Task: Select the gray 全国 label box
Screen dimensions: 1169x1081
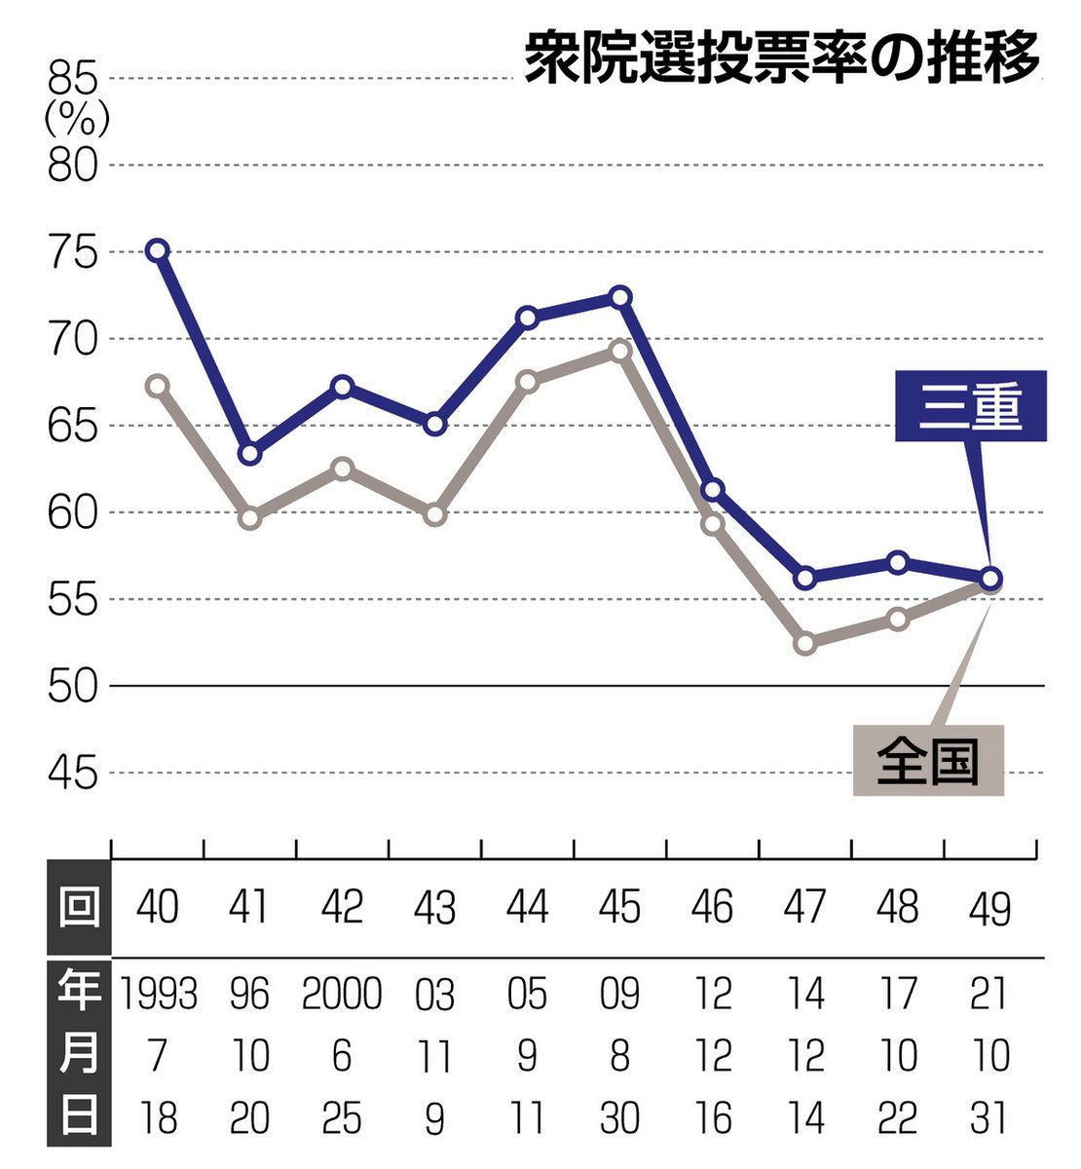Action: coord(927,761)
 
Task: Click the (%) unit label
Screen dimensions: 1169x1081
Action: coord(76,120)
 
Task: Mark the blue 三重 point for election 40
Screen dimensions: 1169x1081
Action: coord(158,250)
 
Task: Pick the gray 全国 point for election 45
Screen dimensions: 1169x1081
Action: coord(620,351)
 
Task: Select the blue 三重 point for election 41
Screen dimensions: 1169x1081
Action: coord(250,454)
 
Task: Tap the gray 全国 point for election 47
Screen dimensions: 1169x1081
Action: coord(805,643)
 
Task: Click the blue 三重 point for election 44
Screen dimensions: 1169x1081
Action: coord(528,318)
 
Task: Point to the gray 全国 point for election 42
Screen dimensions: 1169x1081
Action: coord(343,469)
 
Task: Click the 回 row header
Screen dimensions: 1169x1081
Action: coord(79,908)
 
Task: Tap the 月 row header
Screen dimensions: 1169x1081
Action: coord(79,1055)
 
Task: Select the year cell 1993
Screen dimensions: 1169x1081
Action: coord(158,995)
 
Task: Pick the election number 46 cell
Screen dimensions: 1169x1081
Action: coord(713,908)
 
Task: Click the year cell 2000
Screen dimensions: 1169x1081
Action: coord(342,995)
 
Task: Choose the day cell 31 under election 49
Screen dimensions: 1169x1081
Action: coord(989,1118)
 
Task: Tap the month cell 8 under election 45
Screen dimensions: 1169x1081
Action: coord(620,1056)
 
